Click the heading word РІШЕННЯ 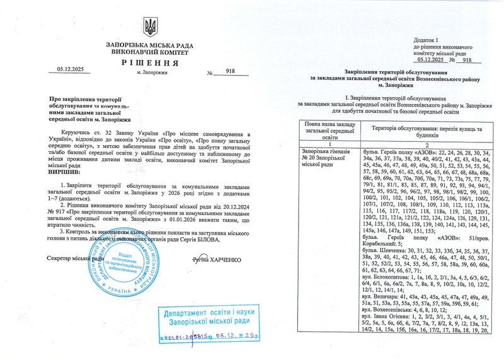pos(151,63)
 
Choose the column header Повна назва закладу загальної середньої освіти pos(329,132)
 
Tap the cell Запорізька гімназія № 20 pos(329,156)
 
